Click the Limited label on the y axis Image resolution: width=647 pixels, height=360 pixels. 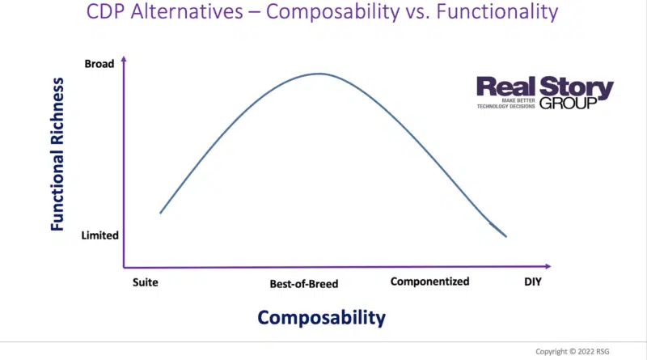click(101, 235)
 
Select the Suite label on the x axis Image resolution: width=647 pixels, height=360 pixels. click(145, 282)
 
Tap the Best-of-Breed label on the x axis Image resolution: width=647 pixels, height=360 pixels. click(303, 284)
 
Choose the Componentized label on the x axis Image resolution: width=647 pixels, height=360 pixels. click(429, 282)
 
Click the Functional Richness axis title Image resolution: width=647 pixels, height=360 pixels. click(57, 160)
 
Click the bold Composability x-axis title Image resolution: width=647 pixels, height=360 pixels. click(322, 318)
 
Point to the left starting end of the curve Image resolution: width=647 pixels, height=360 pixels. click(161, 213)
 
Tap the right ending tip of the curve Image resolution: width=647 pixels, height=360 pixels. click(506, 236)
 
